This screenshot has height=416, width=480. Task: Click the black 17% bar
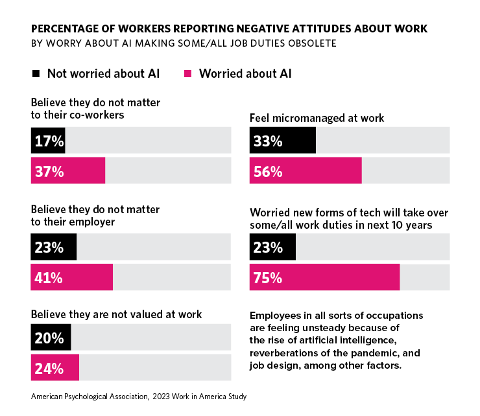coord(48,141)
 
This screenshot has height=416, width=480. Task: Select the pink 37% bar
coord(67,172)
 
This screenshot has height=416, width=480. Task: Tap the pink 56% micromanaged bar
coord(306,172)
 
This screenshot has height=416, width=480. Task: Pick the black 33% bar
coord(283,141)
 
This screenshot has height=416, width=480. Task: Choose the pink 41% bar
coord(71,278)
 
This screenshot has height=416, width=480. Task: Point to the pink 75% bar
coord(324,278)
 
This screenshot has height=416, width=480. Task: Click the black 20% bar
coord(51,338)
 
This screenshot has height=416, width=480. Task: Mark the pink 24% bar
coord(54,369)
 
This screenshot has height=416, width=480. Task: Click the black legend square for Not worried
coord(36,73)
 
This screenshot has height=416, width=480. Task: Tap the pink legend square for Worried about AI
coord(188,73)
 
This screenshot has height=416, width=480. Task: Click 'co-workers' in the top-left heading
coord(99,115)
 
